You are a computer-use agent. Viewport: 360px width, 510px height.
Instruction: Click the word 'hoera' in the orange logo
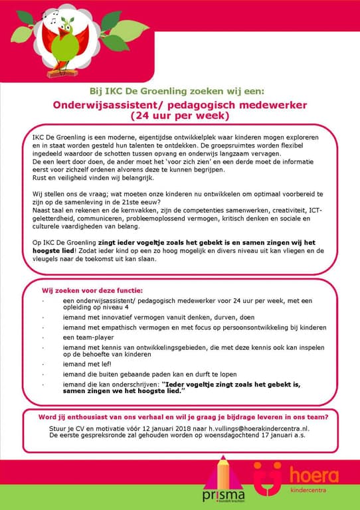pos(314,475)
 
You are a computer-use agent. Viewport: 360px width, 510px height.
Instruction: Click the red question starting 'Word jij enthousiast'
pos(179,417)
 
